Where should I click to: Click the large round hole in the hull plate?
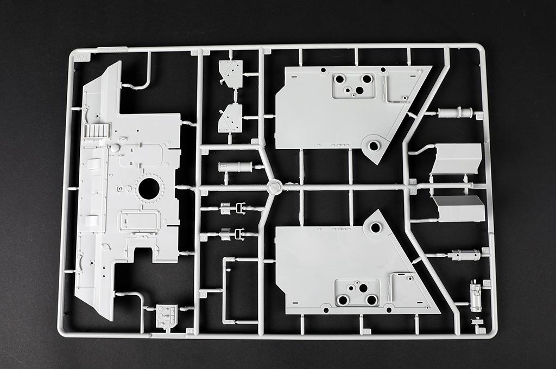[x=149, y=188]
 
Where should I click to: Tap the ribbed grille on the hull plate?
[x=98, y=130]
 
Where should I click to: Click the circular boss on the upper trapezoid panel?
[x=374, y=145]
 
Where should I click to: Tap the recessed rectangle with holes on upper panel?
[x=353, y=85]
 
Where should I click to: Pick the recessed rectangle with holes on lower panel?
[x=357, y=293]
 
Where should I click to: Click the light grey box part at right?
[x=457, y=158]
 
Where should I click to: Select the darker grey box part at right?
[x=459, y=209]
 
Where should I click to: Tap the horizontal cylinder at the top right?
[x=456, y=113]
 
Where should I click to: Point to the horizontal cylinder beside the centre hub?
[x=235, y=167]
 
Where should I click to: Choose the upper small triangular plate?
[x=230, y=74]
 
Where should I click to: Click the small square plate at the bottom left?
[x=167, y=316]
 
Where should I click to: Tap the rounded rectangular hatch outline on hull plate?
[x=140, y=220]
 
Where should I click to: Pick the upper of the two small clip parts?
[x=233, y=208]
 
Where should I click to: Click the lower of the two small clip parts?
[x=233, y=234]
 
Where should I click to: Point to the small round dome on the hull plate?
[x=115, y=147]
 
